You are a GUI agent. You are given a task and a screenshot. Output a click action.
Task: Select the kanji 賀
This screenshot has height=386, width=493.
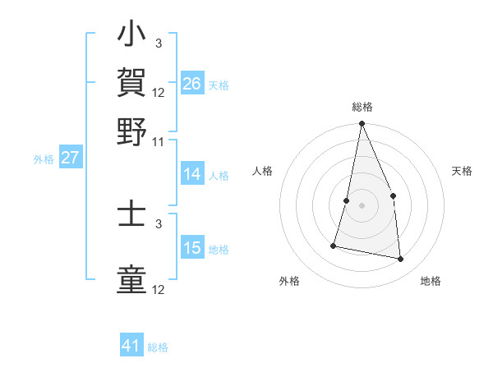click(x=132, y=82)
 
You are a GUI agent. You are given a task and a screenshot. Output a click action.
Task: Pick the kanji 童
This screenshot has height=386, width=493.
click(x=132, y=278)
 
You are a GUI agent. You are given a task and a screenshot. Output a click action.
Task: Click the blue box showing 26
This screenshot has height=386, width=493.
click(x=191, y=84)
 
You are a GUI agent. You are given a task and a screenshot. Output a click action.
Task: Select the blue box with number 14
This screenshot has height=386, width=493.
click(x=191, y=174)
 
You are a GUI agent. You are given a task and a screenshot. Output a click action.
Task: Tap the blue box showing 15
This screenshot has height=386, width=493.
click(x=191, y=248)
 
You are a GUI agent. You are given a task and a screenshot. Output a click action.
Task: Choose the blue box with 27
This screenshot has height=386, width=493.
click(x=70, y=158)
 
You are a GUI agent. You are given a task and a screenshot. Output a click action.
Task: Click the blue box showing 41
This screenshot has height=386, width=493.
click(x=131, y=346)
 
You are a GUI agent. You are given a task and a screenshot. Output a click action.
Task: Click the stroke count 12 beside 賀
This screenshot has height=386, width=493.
click(x=159, y=92)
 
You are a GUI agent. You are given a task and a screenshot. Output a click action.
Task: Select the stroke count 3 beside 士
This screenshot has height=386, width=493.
click(x=159, y=223)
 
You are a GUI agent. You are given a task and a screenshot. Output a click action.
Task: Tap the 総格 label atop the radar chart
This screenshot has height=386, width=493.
click(x=362, y=108)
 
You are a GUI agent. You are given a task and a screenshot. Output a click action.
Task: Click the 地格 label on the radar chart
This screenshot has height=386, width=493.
click(x=431, y=281)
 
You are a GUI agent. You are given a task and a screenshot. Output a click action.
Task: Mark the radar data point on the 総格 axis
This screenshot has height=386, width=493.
click(x=362, y=124)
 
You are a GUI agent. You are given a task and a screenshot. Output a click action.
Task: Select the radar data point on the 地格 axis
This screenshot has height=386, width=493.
click(x=401, y=259)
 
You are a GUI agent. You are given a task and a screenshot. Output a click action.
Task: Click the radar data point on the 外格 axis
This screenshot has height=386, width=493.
click(x=334, y=245)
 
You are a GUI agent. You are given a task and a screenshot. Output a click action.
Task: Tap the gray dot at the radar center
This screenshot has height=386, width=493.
click(x=362, y=205)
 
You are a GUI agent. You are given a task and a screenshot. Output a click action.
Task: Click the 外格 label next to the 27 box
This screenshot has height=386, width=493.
click(x=43, y=159)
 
